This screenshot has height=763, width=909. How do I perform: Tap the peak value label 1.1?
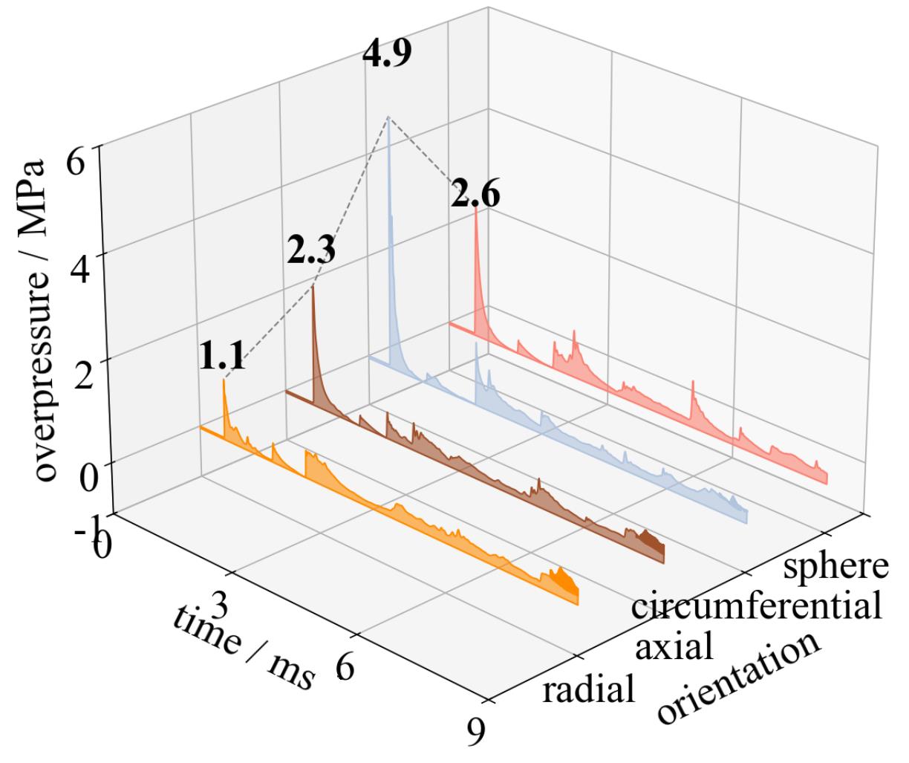[221, 358]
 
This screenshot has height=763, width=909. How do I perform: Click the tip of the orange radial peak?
[224, 380]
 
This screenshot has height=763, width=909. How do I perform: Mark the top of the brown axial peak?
[313, 287]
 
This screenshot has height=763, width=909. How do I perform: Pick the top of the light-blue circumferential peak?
[388, 117]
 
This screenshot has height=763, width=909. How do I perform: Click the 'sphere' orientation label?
[835, 565]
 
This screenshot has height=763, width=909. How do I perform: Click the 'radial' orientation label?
[589, 690]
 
